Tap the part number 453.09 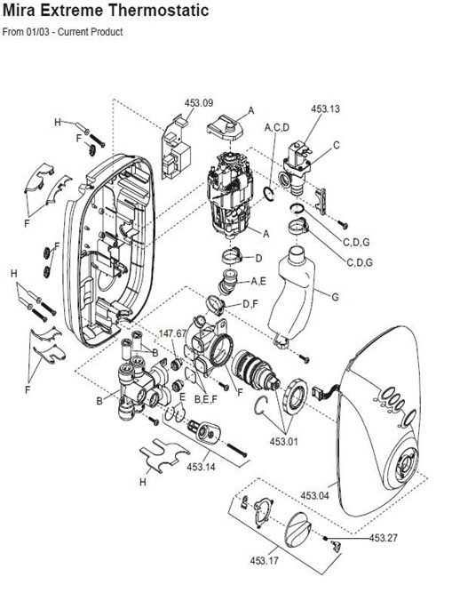(x=200, y=104)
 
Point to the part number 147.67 (x=172, y=334)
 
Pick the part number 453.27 (x=385, y=538)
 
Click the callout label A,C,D (x=277, y=128)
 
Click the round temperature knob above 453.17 (x=296, y=531)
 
